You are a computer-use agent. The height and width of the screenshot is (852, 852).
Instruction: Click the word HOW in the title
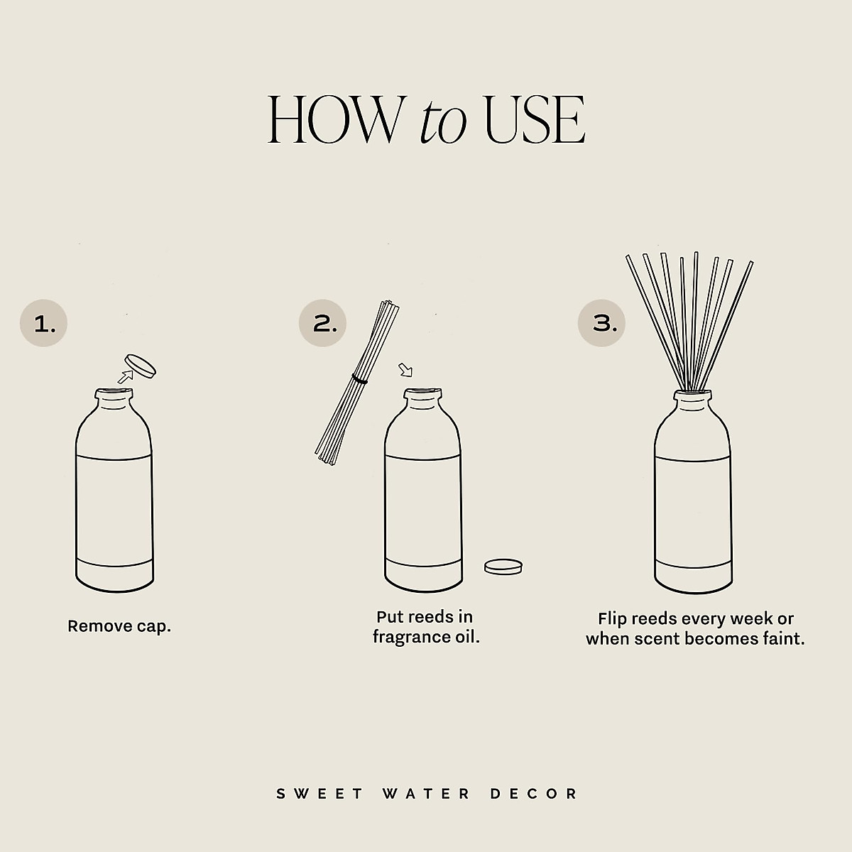[334, 120]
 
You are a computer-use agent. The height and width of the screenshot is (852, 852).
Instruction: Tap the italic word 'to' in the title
[443, 122]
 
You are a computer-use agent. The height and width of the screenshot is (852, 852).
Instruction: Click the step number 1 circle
[43, 324]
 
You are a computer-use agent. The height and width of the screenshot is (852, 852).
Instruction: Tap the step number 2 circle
[322, 324]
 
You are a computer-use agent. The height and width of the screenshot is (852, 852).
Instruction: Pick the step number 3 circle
[601, 324]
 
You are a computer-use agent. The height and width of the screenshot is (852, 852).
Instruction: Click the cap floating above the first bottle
[140, 366]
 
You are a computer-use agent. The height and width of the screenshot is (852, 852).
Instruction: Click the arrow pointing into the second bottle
[405, 370]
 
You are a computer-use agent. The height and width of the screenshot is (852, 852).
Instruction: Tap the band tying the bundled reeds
[360, 381]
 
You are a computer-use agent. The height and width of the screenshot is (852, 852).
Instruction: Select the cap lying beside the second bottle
[503, 567]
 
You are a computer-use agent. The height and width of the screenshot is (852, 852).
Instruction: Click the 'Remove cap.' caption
[119, 626]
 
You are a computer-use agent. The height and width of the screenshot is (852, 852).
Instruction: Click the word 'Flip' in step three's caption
[613, 619]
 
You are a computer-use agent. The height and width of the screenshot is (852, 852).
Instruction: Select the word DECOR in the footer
[535, 793]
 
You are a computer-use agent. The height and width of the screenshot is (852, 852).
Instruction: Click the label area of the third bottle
[692, 508]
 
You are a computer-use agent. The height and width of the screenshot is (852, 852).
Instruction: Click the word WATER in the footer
[426, 793]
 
